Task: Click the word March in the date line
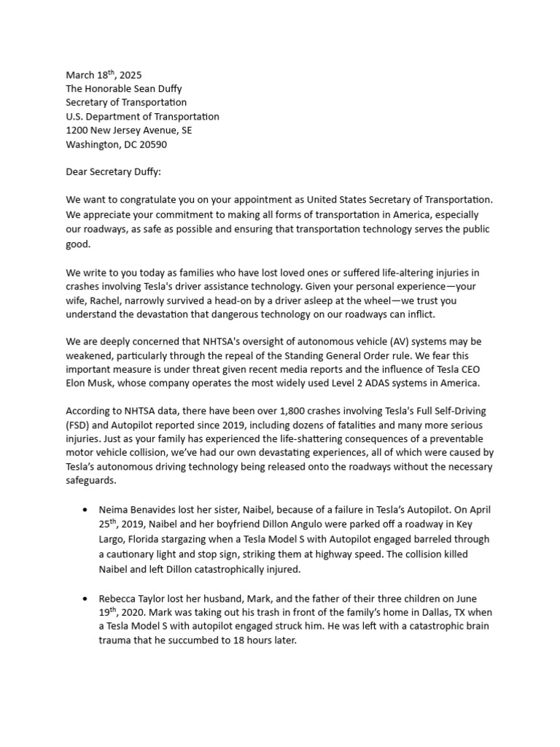(81, 75)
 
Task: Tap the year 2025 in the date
(130, 75)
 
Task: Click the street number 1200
(78, 131)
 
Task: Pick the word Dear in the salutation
(78, 172)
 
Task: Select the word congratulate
(149, 200)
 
